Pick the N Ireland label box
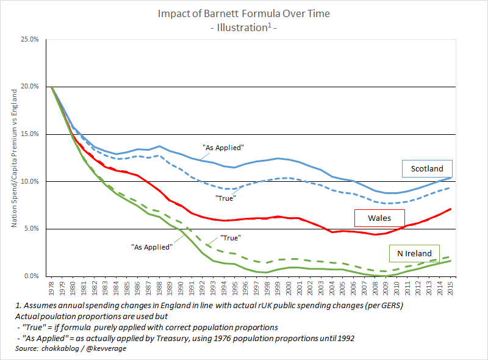click(414, 254)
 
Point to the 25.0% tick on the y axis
click(29, 40)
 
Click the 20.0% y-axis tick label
click(29, 87)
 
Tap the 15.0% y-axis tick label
click(29, 134)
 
